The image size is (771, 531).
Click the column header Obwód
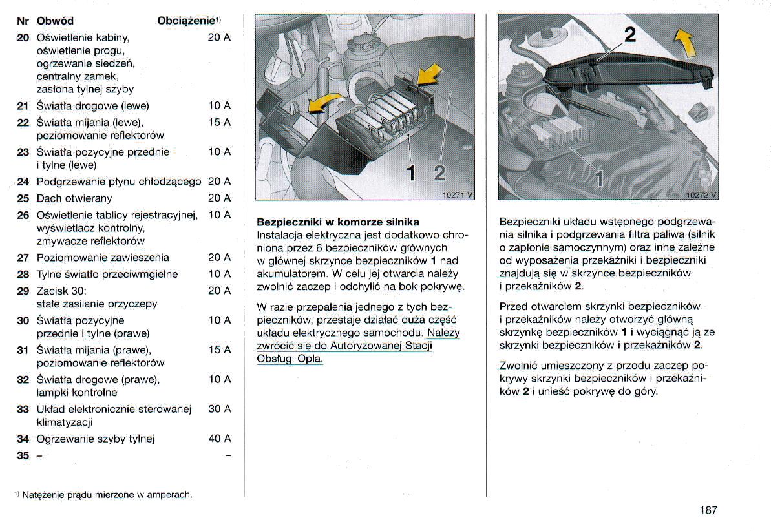(x=55, y=21)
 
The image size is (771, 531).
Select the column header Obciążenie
(x=186, y=21)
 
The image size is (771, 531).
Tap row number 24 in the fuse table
(x=23, y=182)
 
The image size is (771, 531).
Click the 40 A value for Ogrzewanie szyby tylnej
(x=219, y=439)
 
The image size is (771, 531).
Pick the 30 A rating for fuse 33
(x=219, y=409)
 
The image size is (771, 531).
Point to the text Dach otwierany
(x=74, y=198)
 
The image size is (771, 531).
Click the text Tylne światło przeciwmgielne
(x=107, y=274)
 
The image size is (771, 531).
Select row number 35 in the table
(x=23, y=455)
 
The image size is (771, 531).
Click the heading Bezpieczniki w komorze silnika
(x=338, y=222)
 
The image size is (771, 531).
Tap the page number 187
(x=708, y=510)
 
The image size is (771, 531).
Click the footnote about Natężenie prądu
(x=103, y=495)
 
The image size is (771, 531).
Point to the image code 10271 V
(x=456, y=194)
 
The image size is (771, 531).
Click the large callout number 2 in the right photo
(x=629, y=35)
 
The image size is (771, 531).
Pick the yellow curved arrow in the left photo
(x=326, y=101)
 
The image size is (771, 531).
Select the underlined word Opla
(x=309, y=359)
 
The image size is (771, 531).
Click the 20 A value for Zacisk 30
(x=219, y=291)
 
